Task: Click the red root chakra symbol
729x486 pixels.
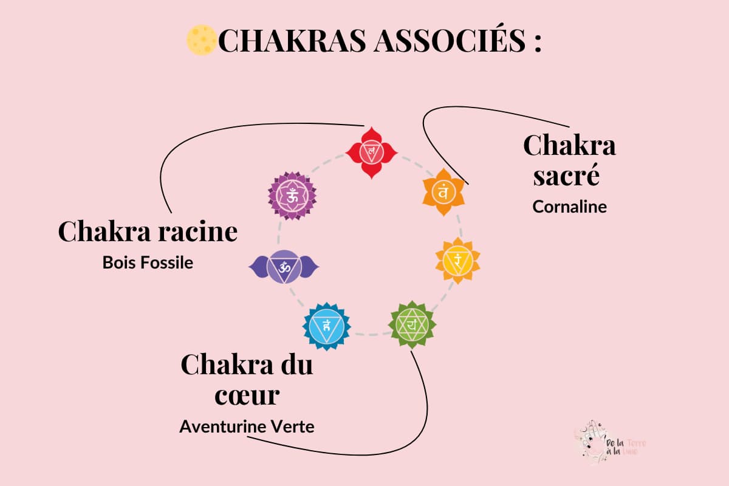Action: pyautogui.click(x=371, y=152)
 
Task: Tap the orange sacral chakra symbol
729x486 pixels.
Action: pyautogui.click(x=443, y=192)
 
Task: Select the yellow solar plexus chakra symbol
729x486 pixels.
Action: pyautogui.click(x=457, y=260)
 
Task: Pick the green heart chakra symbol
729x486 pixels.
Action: pyautogui.click(x=412, y=324)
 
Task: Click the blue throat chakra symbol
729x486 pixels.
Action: pyautogui.click(x=327, y=326)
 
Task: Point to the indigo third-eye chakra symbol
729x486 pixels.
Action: pyautogui.click(x=283, y=266)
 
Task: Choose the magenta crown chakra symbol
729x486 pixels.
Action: pyautogui.click(x=292, y=196)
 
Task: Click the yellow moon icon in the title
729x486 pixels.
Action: pyautogui.click(x=201, y=40)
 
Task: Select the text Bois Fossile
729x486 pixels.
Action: pyautogui.click(x=148, y=263)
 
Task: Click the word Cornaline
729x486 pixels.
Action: pyautogui.click(x=569, y=207)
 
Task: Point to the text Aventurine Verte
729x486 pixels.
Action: pyautogui.click(x=247, y=426)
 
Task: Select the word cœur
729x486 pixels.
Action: pyautogui.click(x=247, y=395)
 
